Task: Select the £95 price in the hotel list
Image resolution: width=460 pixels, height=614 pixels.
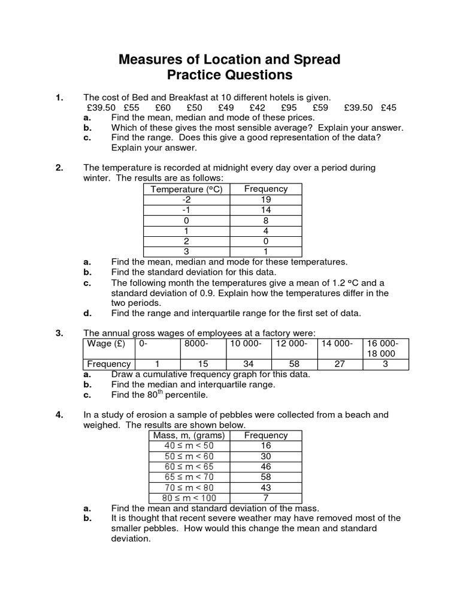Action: point(289,107)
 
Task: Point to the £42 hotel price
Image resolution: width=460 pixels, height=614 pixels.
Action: point(256,107)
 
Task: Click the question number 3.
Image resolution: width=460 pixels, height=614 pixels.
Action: point(59,333)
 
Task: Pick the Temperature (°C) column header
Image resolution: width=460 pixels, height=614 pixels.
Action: point(186,189)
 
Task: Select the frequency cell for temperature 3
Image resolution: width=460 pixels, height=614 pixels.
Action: point(266,252)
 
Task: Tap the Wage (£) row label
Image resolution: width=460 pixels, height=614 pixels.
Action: point(106,344)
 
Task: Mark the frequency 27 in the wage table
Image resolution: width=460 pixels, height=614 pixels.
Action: point(340,364)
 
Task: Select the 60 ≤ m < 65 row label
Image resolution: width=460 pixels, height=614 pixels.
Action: point(189,466)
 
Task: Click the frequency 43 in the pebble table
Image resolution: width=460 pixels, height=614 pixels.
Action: point(266,487)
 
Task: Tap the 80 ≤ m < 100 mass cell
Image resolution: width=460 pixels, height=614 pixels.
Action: point(189,498)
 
